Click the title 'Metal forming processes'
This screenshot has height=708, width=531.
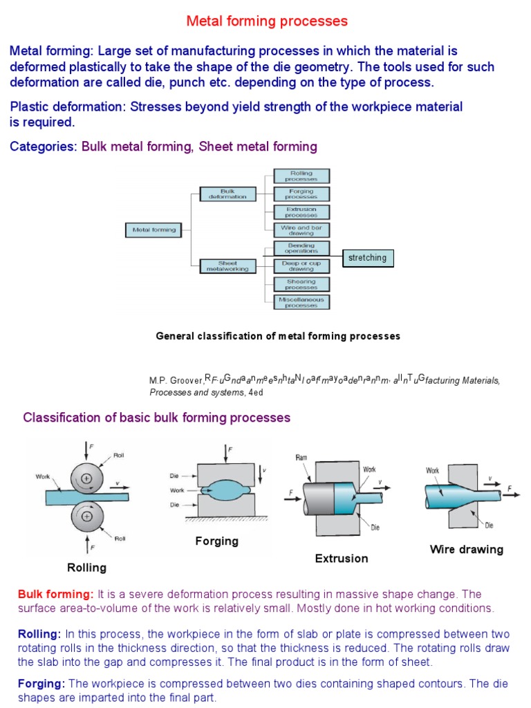[x=267, y=21]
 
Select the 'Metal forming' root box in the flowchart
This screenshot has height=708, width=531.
[x=154, y=230]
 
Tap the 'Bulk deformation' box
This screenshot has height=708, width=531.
[x=227, y=194]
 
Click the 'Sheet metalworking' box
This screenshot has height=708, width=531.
[x=227, y=266]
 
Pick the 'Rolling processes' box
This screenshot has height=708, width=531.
[x=301, y=176]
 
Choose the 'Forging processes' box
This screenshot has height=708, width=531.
[x=301, y=194]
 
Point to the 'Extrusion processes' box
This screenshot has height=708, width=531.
[x=301, y=212]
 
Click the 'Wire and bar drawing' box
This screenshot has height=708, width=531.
[x=301, y=230]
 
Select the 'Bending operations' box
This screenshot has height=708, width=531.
[x=301, y=248]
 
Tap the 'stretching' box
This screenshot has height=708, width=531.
[x=368, y=258]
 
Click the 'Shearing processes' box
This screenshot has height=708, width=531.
[x=301, y=284]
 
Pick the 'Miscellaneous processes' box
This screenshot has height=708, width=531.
[x=301, y=302]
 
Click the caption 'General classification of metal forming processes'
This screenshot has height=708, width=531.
[x=278, y=336]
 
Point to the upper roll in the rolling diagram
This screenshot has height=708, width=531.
[x=87, y=477]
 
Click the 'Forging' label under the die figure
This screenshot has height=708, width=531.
[x=216, y=541]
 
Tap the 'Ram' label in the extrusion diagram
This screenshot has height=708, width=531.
[x=301, y=458]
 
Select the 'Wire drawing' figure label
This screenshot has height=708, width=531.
[x=467, y=550]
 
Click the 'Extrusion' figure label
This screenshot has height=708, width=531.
[x=342, y=558]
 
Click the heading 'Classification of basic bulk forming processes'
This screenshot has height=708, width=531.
[x=157, y=418]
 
